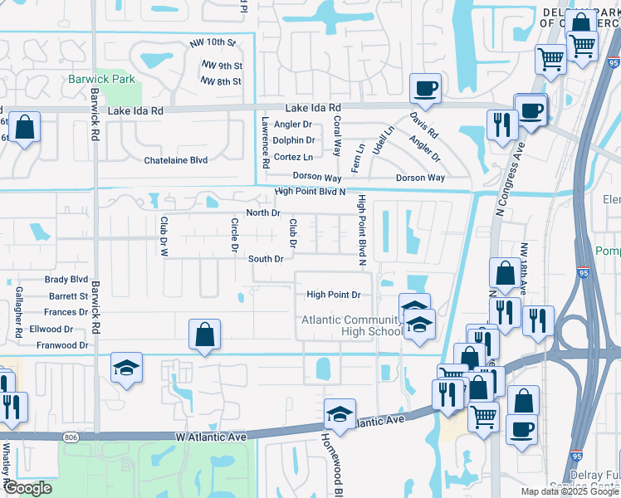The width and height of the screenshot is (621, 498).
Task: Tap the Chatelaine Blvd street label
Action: [175, 159]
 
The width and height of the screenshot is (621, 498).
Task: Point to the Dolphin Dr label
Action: [293, 140]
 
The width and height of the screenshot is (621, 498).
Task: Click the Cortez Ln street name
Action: [293, 157]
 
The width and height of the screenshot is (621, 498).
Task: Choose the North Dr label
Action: [263, 212]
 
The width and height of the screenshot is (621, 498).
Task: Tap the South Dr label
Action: [266, 259]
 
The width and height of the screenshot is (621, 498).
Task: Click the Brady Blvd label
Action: [66, 280]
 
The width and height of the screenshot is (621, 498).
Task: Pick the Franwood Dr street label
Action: [59, 345]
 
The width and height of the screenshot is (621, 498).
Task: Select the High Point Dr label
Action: [333, 295]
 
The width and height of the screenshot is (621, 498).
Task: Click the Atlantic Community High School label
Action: [351, 326]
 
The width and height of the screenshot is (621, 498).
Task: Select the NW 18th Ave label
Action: [524, 268]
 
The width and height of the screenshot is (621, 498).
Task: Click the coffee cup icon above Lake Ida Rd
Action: [425, 88]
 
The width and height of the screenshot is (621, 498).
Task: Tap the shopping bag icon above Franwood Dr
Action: [204, 335]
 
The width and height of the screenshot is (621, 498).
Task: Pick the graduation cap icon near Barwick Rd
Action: [126, 368]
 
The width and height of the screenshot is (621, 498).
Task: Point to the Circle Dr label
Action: [235, 234]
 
